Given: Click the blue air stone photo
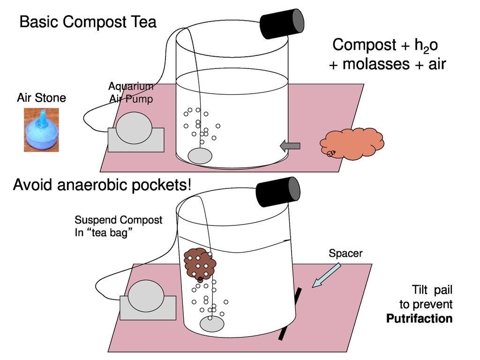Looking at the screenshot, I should coord(41,130).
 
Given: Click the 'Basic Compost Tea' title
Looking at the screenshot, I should coord(88,22).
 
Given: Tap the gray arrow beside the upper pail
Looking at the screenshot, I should coord(290,146).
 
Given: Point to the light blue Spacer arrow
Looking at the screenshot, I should coord(326,275).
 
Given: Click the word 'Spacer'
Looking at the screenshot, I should coord(345,254).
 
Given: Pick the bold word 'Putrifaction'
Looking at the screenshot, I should coord(419,319).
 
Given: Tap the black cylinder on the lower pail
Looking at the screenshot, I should coord(278,192).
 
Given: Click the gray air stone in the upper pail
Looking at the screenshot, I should coord(200,156).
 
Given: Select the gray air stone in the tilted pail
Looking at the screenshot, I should coord(212,324).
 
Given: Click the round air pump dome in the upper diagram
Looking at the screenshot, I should coord(135,127).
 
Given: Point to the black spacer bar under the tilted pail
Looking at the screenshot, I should coord(290,314).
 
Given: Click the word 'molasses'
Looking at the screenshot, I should coord(370,64).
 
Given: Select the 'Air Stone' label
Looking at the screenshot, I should coord(41,98).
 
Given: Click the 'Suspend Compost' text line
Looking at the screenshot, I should coord(119,220).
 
